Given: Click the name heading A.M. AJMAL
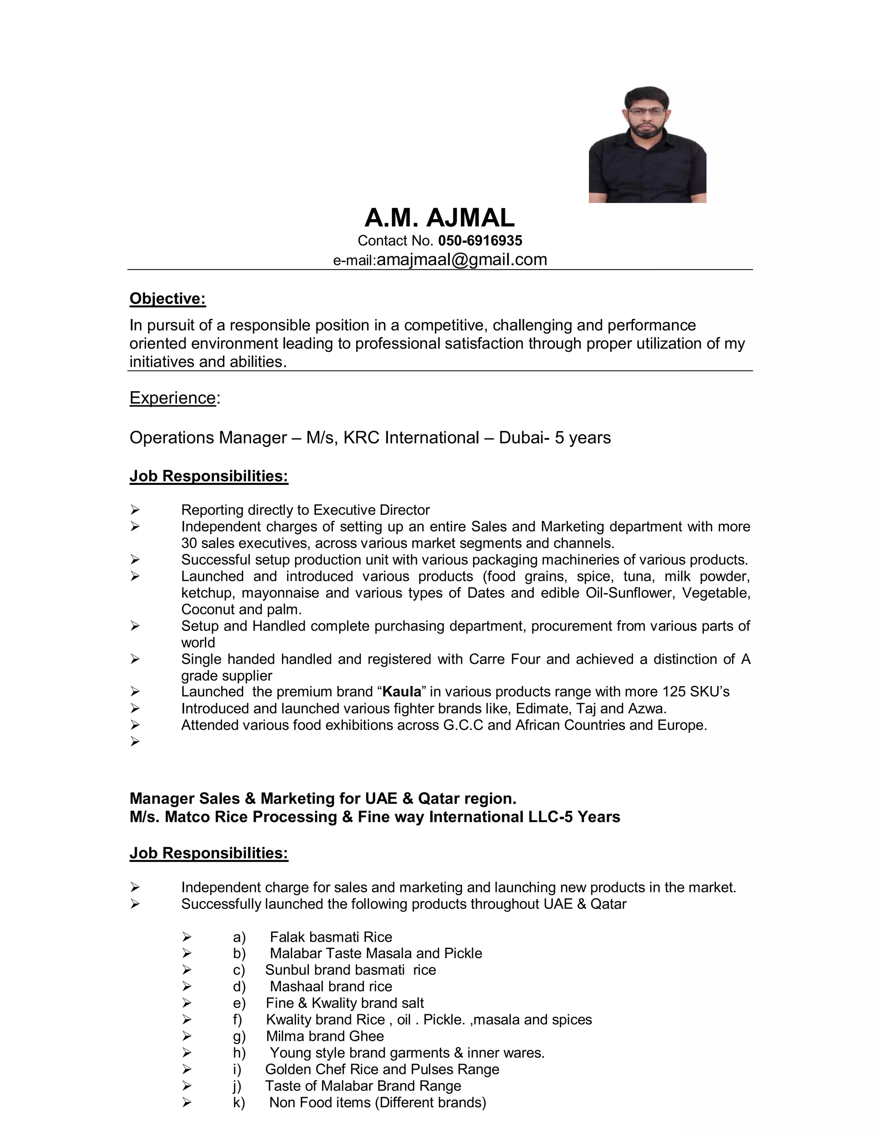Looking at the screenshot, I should pyautogui.click(x=439, y=218).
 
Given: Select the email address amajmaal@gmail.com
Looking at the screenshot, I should pyautogui.click(x=461, y=259).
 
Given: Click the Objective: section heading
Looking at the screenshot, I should pyautogui.click(x=167, y=299).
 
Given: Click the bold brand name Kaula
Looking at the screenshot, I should pyautogui.click(x=401, y=692).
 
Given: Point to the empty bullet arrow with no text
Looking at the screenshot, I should pyautogui.click(x=135, y=741).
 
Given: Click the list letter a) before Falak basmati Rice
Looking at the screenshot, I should pyautogui.click(x=239, y=937).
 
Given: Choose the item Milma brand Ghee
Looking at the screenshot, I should pyautogui.click(x=324, y=1036).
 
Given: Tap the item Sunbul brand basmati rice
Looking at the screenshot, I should pyautogui.click(x=350, y=970).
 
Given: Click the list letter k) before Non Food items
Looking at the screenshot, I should pyautogui.click(x=239, y=1102).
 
